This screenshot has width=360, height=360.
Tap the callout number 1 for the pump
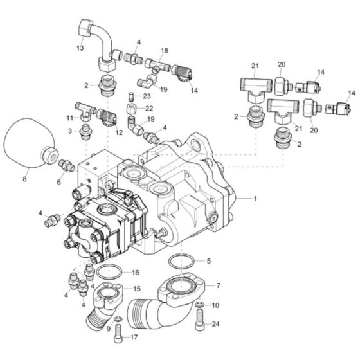coord(255,199)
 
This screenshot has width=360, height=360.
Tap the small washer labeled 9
coord(118,319)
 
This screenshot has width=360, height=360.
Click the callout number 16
coord(136,273)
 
